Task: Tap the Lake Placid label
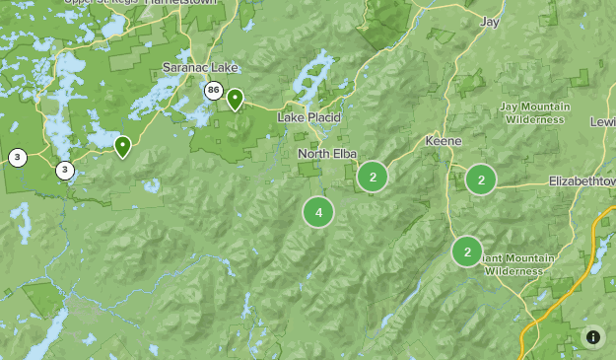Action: tap(308, 117)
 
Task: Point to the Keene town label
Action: tap(443, 141)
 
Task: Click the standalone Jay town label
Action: tap(490, 21)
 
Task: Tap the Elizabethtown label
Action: tap(582, 182)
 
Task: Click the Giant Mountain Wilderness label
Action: tap(518, 264)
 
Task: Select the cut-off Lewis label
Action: tap(602, 121)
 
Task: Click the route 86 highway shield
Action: tap(214, 91)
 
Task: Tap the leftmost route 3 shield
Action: tap(18, 157)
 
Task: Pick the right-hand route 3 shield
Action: tap(64, 170)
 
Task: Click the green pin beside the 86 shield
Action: tap(235, 99)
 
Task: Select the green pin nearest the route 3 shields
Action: tap(122, 147)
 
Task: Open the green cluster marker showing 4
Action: tap(318, 212)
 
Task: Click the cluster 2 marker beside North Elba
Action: tap(373, 178)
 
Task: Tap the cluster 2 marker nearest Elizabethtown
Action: tap(481, 179)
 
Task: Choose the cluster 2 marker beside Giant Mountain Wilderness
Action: tap(466, 252)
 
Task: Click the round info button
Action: tap(593, 337)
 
